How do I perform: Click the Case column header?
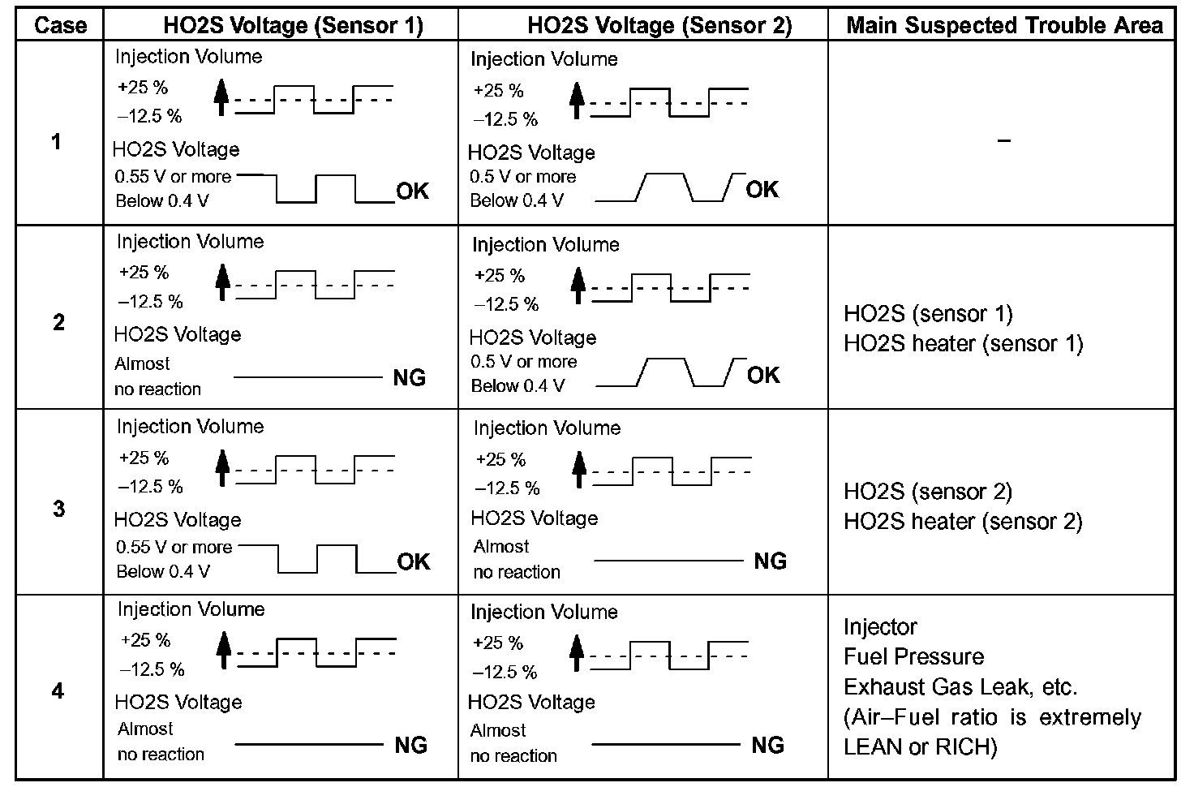(60, 25)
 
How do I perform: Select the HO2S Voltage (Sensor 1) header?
(293, 25)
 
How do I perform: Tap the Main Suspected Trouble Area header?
(1004, 25)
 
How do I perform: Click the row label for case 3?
(58, 508)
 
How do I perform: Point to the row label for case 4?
(58, 691)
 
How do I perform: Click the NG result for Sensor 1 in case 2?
(410, 377)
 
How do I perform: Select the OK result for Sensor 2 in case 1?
(762, 189)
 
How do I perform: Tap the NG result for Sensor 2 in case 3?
(771, 561)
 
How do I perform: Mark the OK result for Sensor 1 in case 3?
(413, 561)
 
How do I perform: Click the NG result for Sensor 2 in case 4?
(767, 745)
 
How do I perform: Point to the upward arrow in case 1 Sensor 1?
(221, 97)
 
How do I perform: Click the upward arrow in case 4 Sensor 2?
(576, 652)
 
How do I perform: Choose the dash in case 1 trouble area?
(1003, 140)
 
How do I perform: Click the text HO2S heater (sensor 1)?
(964, 343)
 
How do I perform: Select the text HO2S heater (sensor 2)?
(963, 521)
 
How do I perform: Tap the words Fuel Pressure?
(913, 656)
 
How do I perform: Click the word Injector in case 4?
(881, 627)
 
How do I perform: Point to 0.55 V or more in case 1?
(174, 177)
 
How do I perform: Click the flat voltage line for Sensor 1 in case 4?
(308, 744)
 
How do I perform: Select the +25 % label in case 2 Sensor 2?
(500, 276)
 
